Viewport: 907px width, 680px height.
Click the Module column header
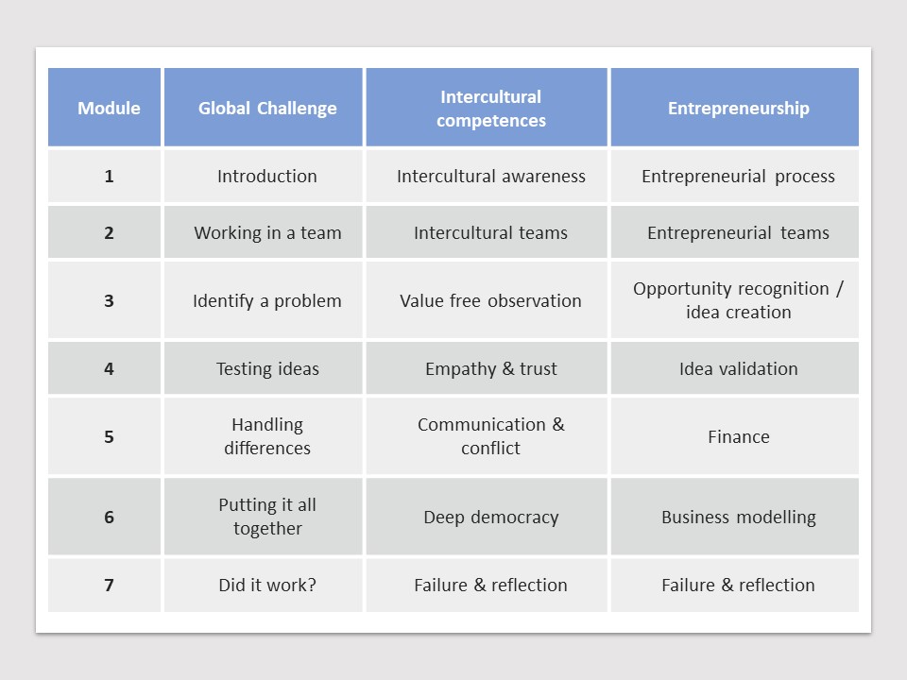pyautogui.click(x=104, y=107)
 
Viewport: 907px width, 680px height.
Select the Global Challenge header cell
pyautogui.click(x=264, y=107)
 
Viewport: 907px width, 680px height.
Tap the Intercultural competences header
pyautogui.click(x=487, y=107)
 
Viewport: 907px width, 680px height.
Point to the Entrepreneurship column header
pyautogui.click(x=735, y=107)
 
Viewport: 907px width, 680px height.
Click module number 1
pyautogui.click(x=104, y=176)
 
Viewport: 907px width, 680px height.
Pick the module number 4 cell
pyautogui.click(x=104, y=368)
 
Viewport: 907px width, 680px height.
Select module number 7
pyautogui.click(x=104, y=585)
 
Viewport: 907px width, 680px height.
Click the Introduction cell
pyautogui.click(x=264, y=176)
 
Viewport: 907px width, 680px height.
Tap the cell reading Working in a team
pyautogui.click(x=264, y=232)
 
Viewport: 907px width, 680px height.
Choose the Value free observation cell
pyautogui.click(x=487, y=300)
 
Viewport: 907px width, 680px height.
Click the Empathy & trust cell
pyautogui.click(x=487, y=368)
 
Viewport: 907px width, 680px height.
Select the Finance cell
pyautogui.click(x=735, y=436)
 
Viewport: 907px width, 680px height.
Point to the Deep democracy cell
pyautogui.click(x=487, y=517)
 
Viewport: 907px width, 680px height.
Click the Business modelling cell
pyautogui.click(x=735, y=517)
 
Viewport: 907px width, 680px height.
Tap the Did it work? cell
pyautogui.click(x=264, y=585)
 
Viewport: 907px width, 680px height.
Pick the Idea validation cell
pyautogui.click(x=735, y=368)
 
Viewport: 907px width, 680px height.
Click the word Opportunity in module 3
pyautogui.click(x=675, y=289)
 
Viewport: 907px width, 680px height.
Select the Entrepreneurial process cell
pyautogui.click(x=735, y=176)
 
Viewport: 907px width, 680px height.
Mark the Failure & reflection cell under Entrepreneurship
pyautogui.click(x=735, y=585)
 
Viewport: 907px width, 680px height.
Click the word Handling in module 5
pyautogui.click(x=267, y=425)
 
